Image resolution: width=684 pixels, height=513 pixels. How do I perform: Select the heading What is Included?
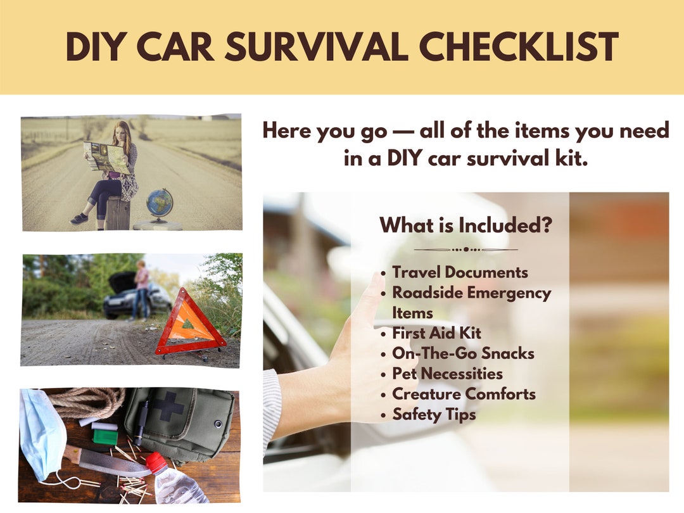click(x=465, y=225)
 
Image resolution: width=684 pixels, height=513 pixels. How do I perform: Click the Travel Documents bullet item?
click(x=460, y=272)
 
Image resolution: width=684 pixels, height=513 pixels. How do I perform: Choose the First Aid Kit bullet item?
click(x=436, y=333)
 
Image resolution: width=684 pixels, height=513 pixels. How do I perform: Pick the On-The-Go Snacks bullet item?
click(x=463, y=353)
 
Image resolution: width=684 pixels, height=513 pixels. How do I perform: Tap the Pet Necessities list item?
click(x=447, y=374)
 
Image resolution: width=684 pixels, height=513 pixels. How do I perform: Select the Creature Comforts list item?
click(x=464, y=394)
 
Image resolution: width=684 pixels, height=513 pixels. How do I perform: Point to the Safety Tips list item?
click(x=434, y=414)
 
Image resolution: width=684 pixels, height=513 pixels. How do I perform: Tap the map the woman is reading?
click(x=108, y=157)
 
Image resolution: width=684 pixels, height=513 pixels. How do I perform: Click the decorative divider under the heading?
click(x=465, y=250)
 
